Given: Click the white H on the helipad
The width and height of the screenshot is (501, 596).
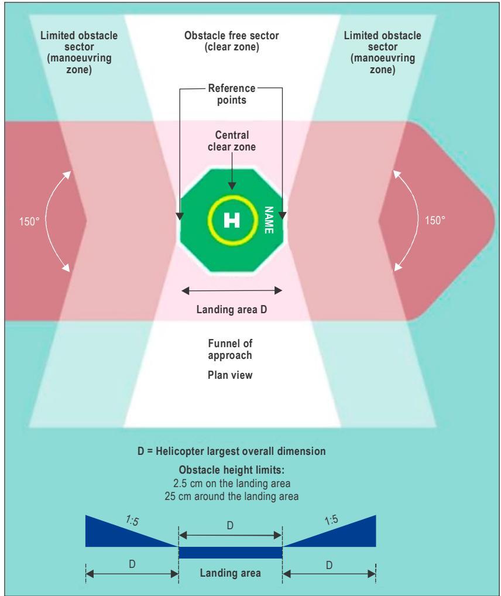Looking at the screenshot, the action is pyautogui.click(x=232, y=220).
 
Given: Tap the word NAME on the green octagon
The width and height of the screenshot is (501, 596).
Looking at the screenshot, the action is pyautogui.click(x=269, y=220).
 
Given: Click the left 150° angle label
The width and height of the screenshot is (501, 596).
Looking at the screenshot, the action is pyautogui.click(x=29, y=221).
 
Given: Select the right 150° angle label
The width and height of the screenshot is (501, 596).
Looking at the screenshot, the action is pyautogui.click(x=435, y=220).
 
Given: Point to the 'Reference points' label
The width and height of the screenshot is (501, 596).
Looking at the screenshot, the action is pyautogui.click(x=232, y=94).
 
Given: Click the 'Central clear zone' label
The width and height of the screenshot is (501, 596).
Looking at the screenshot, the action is pyautogui.click(x=232, y=141).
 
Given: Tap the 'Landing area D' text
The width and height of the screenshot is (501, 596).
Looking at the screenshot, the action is pyautogui.click(x=232, y=309).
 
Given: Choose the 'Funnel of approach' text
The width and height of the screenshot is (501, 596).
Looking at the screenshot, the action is pyautogui.click(x=230, y=349).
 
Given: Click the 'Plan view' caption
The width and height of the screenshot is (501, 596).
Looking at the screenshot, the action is pyautogui.click(x=230, y=375).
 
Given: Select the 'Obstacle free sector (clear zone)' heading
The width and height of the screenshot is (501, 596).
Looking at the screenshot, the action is pyautogui.click(x=232, y=41).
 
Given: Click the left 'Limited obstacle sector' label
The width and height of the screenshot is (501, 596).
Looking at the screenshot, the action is pyautogui.click(x=79, y=53).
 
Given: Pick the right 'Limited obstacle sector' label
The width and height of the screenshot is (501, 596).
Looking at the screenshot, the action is pyautogui.click(x=382, y=53).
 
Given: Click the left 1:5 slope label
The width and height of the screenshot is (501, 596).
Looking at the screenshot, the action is pyautogui.click(x=132, y=520).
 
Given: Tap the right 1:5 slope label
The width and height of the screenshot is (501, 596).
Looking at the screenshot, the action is pyautogui.click(x=331, y=520).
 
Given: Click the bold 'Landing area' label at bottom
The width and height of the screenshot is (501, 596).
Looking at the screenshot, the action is pyautogui.click(x=231, y=573).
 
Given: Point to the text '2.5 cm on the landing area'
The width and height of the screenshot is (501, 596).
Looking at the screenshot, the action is pyautogui.click(x=232, y=484).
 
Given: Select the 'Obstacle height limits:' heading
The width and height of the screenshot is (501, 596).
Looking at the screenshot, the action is pyautogui.click(x=232, y=470).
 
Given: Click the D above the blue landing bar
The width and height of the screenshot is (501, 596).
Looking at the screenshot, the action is pyautogui.click(x=230, y=526).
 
